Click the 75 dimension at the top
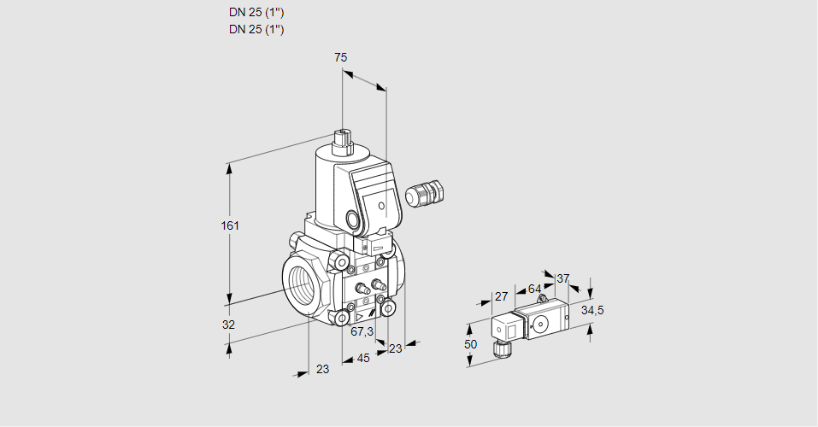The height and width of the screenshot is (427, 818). point(340,57)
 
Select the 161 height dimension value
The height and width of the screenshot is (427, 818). point(230,225)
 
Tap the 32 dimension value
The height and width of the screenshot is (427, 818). point(228,325)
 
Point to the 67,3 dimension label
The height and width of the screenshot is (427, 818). point(362,331)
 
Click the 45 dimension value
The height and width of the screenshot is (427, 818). point(363,358)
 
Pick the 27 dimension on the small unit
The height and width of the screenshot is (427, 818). point(502,296)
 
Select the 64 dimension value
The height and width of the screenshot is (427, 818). point(534,289)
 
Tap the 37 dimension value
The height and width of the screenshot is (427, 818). point(562,278)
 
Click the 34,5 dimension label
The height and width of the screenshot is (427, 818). point(592,310)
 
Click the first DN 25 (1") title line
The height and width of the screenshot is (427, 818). point(256,13)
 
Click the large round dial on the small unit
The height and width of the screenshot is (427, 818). point(540,324)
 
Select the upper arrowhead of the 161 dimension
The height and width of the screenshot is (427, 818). point(230,167)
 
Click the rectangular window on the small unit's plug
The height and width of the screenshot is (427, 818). point(502,328)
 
